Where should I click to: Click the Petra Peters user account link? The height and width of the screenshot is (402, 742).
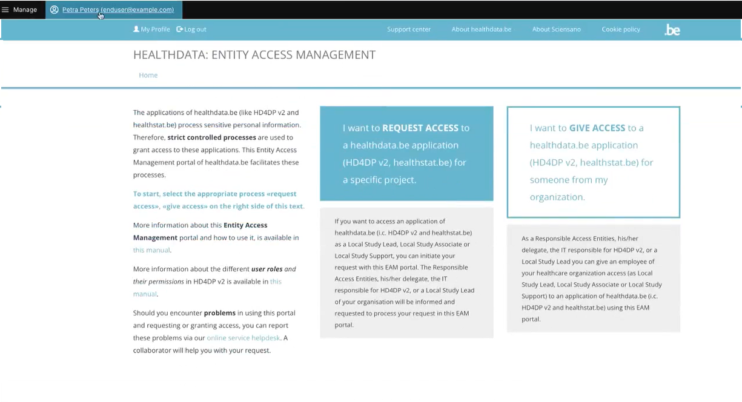[118, 10]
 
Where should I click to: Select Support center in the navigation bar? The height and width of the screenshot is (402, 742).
[409, 29]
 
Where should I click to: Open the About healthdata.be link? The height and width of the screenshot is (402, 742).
[481, 29]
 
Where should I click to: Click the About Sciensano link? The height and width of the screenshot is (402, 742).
[556, 29]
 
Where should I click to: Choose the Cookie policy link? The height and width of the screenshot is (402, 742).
[621, 29]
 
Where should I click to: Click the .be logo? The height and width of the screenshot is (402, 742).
[672, 30]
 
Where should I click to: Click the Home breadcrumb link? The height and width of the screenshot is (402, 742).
[148, 75]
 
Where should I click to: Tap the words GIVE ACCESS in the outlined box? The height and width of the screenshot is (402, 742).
[597, 128]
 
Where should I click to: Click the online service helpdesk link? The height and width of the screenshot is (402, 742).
[243, 338]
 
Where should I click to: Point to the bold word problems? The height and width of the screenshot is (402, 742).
[219, 313]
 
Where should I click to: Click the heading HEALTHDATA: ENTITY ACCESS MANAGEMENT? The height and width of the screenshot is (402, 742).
[254, 55]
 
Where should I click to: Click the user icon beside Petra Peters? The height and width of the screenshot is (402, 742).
[55, 10]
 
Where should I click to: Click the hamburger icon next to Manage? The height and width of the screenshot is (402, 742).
[5, 10]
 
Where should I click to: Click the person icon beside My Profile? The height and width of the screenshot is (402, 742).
[136, 29]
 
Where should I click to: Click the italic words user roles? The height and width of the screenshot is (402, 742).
[267, 269]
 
